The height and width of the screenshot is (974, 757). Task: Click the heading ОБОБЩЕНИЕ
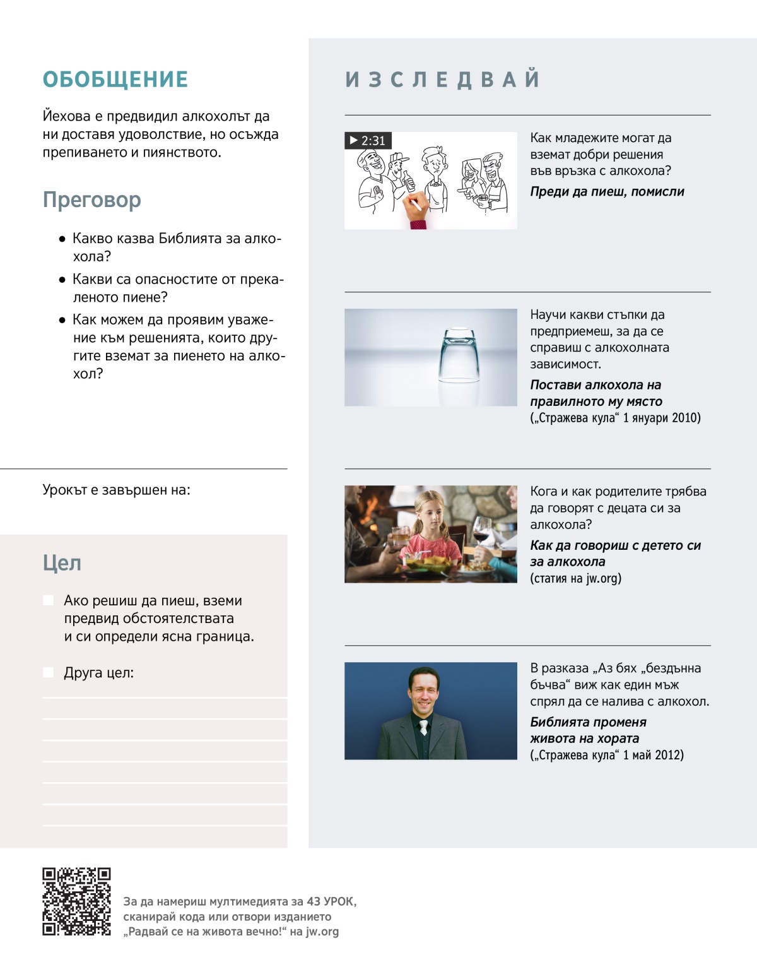point(115,80)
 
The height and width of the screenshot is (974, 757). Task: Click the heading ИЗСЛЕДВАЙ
point(442,80)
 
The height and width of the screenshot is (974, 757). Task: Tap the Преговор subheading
point(92,199)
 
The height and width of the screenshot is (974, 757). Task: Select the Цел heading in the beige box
point(62,562)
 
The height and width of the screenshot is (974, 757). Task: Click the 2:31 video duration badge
point(368,140)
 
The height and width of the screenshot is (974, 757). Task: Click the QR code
point(76,901)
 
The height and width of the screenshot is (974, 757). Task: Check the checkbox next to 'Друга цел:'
point(48,672)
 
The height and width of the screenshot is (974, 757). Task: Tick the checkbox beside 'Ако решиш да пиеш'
point(48,600)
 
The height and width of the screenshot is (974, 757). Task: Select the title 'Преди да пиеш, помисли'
point(607,191)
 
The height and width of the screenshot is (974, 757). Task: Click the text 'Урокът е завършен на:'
point(116,490)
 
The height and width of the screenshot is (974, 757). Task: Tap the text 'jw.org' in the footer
point(322,931)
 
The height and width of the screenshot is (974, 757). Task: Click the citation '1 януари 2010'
point(661,418)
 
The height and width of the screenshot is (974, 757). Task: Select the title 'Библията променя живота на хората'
point(588,730)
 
